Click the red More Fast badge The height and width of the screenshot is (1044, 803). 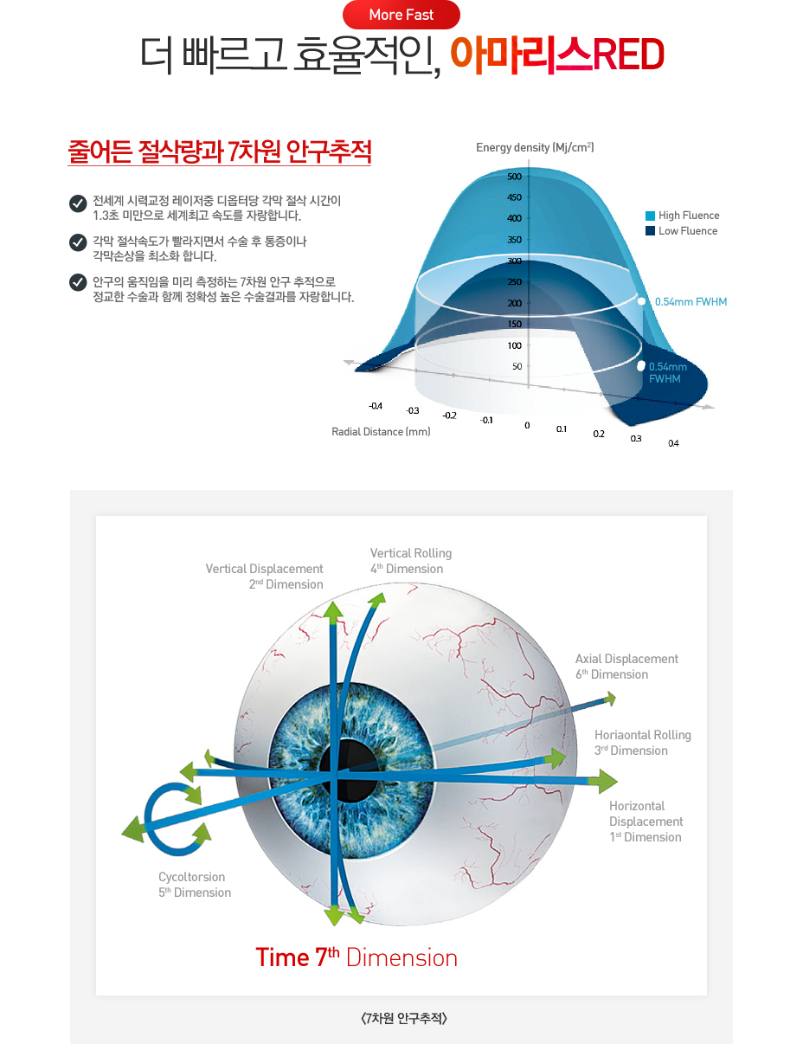tap(401, 15)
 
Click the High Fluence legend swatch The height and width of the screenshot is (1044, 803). tap(650, 216)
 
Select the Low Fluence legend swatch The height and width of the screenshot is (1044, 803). tap(650, 230)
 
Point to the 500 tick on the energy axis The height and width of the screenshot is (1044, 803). tap(514, 177)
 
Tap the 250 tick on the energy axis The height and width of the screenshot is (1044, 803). tap(514, 281)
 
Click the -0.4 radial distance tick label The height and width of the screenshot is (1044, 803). tap(375, 406)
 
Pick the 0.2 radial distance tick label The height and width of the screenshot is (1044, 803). tap(599, 434)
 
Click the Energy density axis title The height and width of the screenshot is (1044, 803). tap(535, 147)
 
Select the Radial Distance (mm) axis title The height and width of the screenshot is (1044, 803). tap(381, 431)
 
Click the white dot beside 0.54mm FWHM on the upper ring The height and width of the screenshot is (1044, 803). tap(641, 301)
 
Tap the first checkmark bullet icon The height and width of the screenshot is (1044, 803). tap(78, 203)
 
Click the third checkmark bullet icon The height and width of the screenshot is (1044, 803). tap(78, 282)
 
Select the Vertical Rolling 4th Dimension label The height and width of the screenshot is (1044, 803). tap(411, 561)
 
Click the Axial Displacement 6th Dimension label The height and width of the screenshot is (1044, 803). tap(626, 667)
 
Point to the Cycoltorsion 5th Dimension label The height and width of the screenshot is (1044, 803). tap(195, 885)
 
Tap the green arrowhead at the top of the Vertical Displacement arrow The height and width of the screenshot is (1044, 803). tap(333, 612)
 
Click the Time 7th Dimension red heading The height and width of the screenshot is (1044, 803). tap(357, 957)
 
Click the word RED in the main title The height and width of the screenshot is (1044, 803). tap(629, 55)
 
